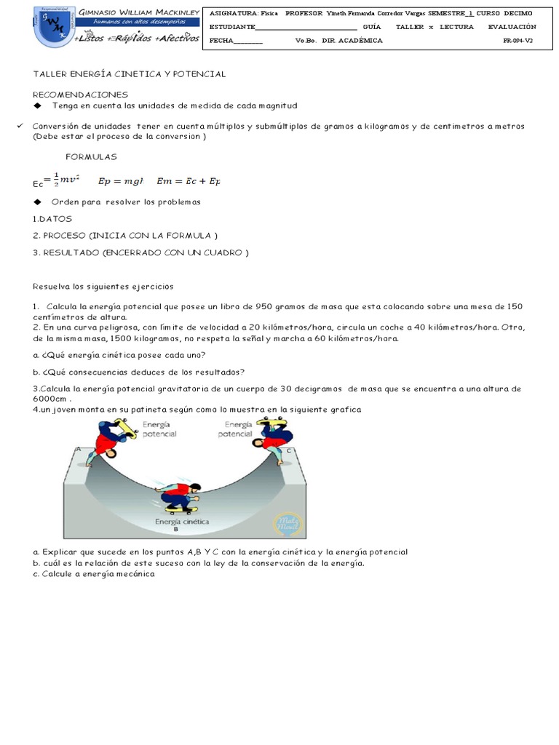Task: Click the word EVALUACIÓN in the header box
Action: (x=512, y=27)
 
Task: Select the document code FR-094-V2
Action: (x=518, y=41)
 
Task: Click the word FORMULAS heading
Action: (x=91, y=156)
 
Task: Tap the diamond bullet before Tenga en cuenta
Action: (x=38, y=105)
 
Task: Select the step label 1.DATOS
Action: (x=52, y=218)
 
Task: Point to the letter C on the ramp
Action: (x=289, y=450)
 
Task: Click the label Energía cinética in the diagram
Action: (x=182, y=522)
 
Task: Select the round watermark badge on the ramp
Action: (x=285, y=524)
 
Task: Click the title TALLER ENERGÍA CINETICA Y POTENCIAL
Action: (x=130, y=74)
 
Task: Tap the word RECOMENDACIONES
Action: (x=80, y=95)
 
